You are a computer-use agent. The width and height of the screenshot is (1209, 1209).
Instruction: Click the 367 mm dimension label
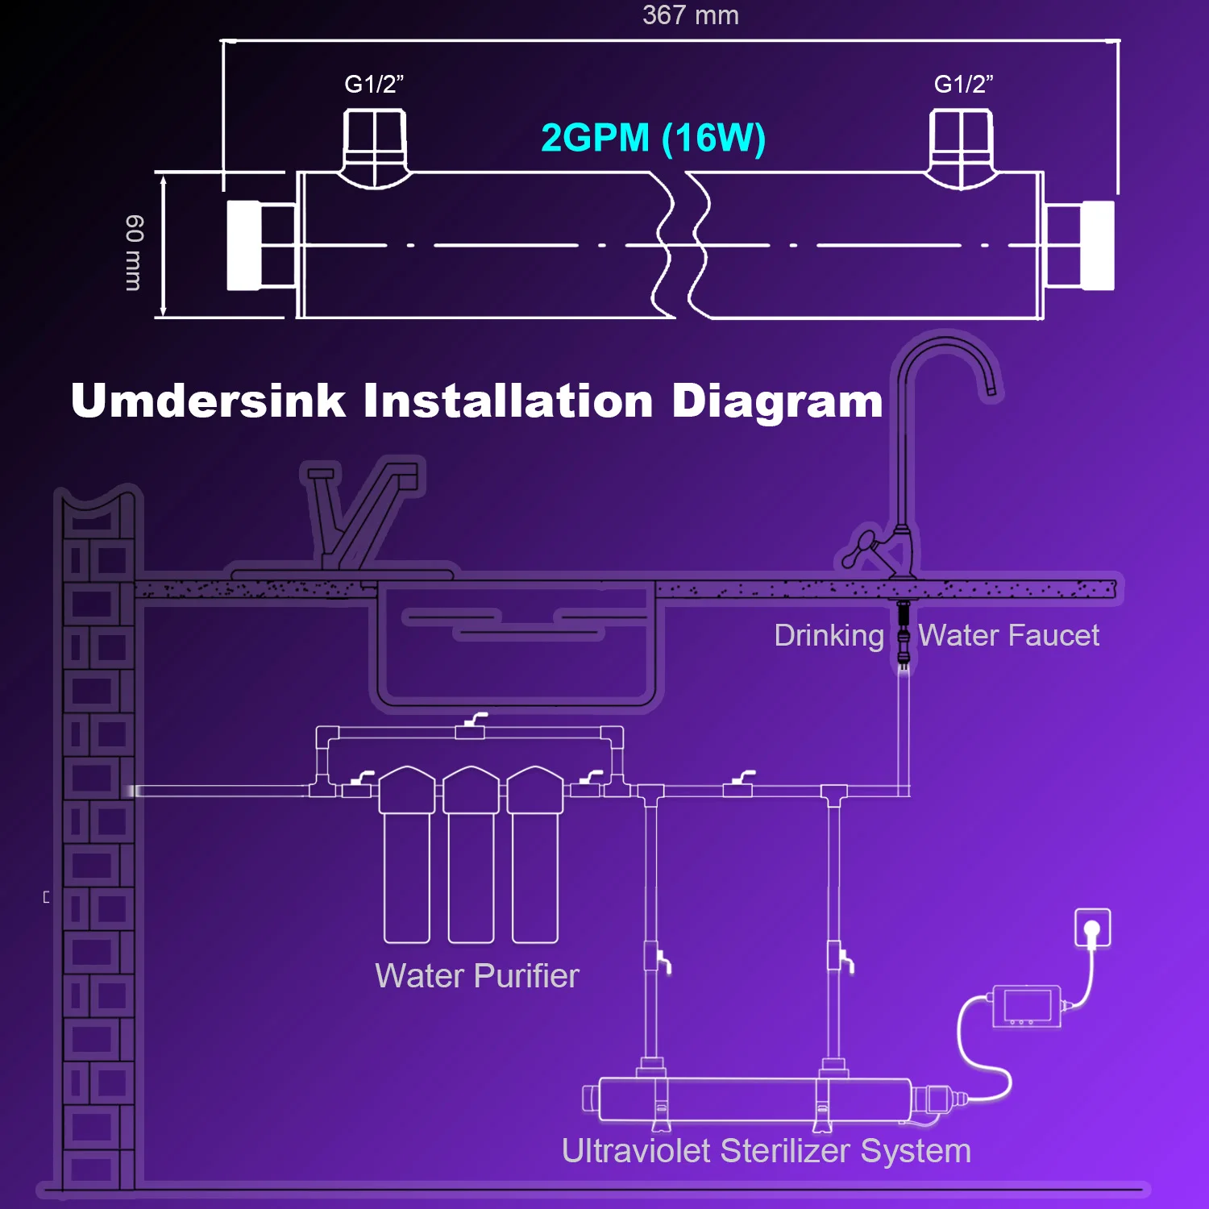[x=691, y=16]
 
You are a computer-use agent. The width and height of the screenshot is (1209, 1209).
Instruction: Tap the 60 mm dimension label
[x=134, y=252]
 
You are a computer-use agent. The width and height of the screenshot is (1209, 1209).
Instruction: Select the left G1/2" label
[x=374, y=84]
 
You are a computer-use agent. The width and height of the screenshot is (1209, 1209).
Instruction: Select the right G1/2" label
[x=963, y=84]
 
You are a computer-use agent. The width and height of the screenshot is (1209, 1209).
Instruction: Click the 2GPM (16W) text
[x=653, y=138]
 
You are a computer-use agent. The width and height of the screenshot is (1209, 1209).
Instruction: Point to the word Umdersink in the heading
[x=208, y=401]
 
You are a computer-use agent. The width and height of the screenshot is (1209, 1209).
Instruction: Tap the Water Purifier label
[x=477, y=976]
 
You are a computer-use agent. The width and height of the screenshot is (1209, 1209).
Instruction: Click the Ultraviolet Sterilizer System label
[x=766, y=1151]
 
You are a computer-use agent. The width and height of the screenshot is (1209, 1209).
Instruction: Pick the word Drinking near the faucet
[x=829, y=636]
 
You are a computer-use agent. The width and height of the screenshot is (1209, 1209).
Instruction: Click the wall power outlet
[x=1093, y=928]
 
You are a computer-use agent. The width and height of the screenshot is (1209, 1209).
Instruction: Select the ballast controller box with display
[x=1026, y=1006]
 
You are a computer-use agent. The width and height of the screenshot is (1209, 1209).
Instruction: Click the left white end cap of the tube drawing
[x=243, y=245]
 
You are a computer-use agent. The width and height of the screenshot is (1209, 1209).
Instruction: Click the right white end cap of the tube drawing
[x=1098, y=245]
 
